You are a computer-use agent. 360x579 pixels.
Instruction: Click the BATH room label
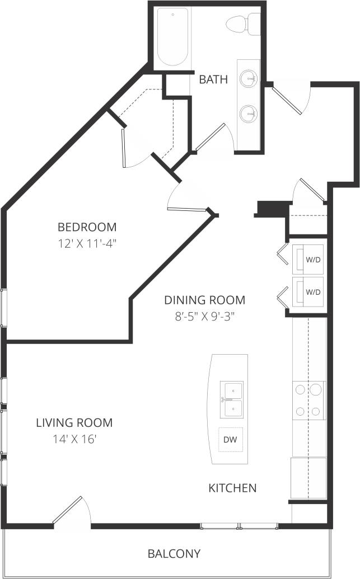(213, 79)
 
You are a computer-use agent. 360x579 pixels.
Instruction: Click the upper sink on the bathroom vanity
(248, 79)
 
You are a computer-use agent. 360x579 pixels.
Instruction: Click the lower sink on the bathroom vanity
(248, 115)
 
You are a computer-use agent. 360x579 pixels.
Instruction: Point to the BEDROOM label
(87, 227)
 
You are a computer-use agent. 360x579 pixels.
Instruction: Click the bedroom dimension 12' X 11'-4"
(87, 244)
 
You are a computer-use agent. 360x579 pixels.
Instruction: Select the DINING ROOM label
(204, 300)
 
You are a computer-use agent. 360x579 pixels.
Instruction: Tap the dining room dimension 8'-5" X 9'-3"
(204, 316)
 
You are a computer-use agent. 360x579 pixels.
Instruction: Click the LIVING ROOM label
(74, 423)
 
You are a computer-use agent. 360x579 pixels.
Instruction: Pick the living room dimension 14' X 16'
(74, 439)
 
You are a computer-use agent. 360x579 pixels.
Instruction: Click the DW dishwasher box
(230, 440)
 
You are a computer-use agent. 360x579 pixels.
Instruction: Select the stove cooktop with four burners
(308, 400)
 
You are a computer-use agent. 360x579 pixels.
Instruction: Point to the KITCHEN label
(232, 488)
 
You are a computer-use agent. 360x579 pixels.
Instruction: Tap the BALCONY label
(174, 554)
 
